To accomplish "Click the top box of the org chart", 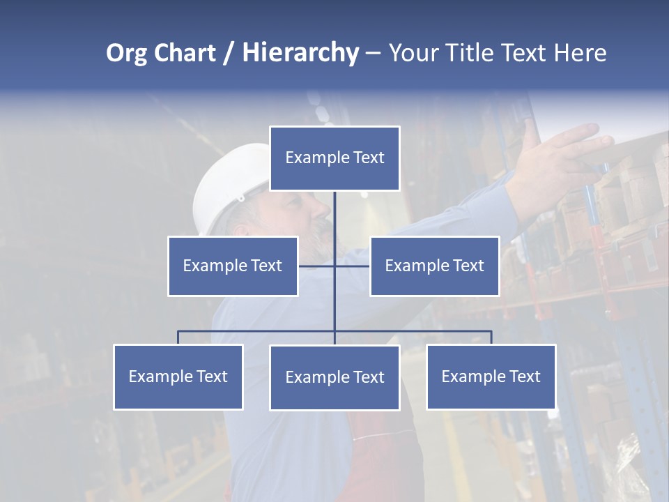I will tap(334, 158).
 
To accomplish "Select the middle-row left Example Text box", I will tap(233, 266).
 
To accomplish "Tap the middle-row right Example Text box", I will tap(434, 266).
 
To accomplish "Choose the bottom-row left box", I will tap(178, 376).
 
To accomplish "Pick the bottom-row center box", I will tap(334, 377).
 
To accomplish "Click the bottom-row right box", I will tap(491, 376).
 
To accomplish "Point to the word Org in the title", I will tap(126, 53).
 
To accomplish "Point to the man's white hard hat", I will tap(226, 185).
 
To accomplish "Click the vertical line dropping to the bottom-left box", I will tap(178, 337).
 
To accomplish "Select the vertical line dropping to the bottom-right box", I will tap(491, 337).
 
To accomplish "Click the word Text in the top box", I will tap(369, 158).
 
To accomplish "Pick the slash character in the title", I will tap(228, 53).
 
